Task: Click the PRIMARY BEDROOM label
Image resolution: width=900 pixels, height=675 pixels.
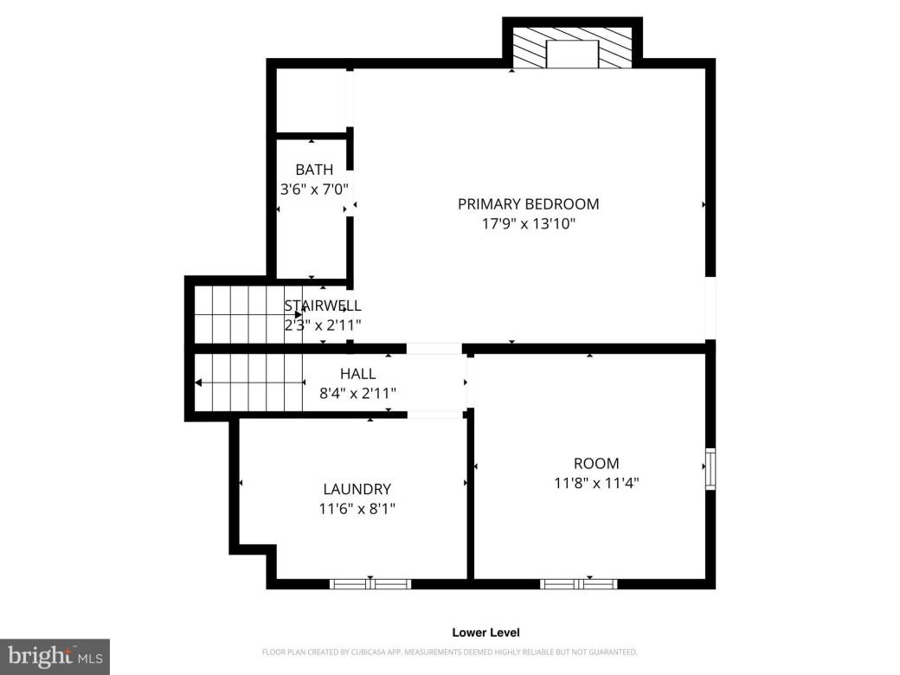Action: pos(528,204)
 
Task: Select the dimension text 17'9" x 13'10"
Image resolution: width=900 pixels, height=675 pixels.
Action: pos(528,224)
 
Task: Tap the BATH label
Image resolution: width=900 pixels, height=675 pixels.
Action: pos(313,170)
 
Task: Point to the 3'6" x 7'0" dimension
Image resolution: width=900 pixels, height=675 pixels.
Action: pos(313,188)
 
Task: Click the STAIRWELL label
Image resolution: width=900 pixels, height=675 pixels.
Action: pos(323,305)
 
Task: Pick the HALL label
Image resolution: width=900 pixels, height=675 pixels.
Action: pos(357,374)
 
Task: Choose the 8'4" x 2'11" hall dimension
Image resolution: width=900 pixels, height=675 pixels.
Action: pos(357,393)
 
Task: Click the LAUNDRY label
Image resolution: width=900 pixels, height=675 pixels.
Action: pos(357,489)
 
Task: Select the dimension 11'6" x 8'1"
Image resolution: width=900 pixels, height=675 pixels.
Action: pos(357,509)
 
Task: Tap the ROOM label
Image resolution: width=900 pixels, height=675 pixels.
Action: pos(596,464)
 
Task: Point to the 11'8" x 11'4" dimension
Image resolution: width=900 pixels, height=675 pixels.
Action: pos(596,483)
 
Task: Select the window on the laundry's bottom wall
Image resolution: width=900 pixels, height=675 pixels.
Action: pos(370,584)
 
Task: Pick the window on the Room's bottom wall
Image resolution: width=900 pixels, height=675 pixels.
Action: pos(578,584)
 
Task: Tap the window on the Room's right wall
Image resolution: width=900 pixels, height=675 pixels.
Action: pos(710,469)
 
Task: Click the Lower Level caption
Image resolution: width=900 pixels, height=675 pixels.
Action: pos(485,633)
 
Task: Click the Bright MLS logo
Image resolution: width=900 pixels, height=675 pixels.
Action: pos(54,657)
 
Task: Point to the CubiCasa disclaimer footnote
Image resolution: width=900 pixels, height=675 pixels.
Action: pos(449,652)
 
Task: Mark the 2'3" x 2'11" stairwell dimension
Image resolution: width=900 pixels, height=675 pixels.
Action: pos(323,325)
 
